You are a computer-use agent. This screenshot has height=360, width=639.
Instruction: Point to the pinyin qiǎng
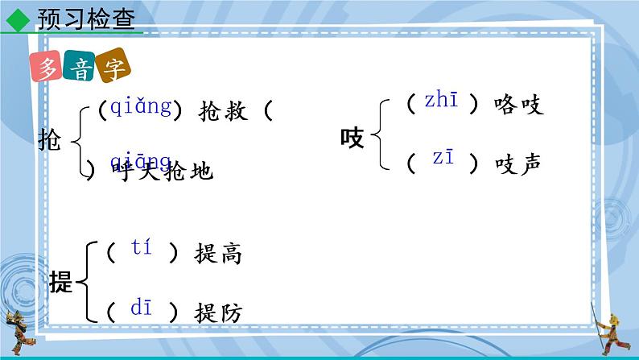pos(141,106)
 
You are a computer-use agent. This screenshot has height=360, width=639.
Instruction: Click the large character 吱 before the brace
pos(352,139)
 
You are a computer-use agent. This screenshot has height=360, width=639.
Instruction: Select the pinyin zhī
pos(441,101)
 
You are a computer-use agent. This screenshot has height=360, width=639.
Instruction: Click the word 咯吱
pos(521,105)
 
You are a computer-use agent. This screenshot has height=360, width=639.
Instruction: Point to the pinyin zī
pos(443,159)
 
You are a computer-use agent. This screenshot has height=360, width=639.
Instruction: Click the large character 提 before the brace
pos(60,283)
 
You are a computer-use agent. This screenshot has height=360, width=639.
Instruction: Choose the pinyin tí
pos(141,249)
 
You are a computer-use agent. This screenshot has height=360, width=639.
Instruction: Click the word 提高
pos(218,254)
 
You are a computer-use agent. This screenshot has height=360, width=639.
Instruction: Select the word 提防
pos(218,312)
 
